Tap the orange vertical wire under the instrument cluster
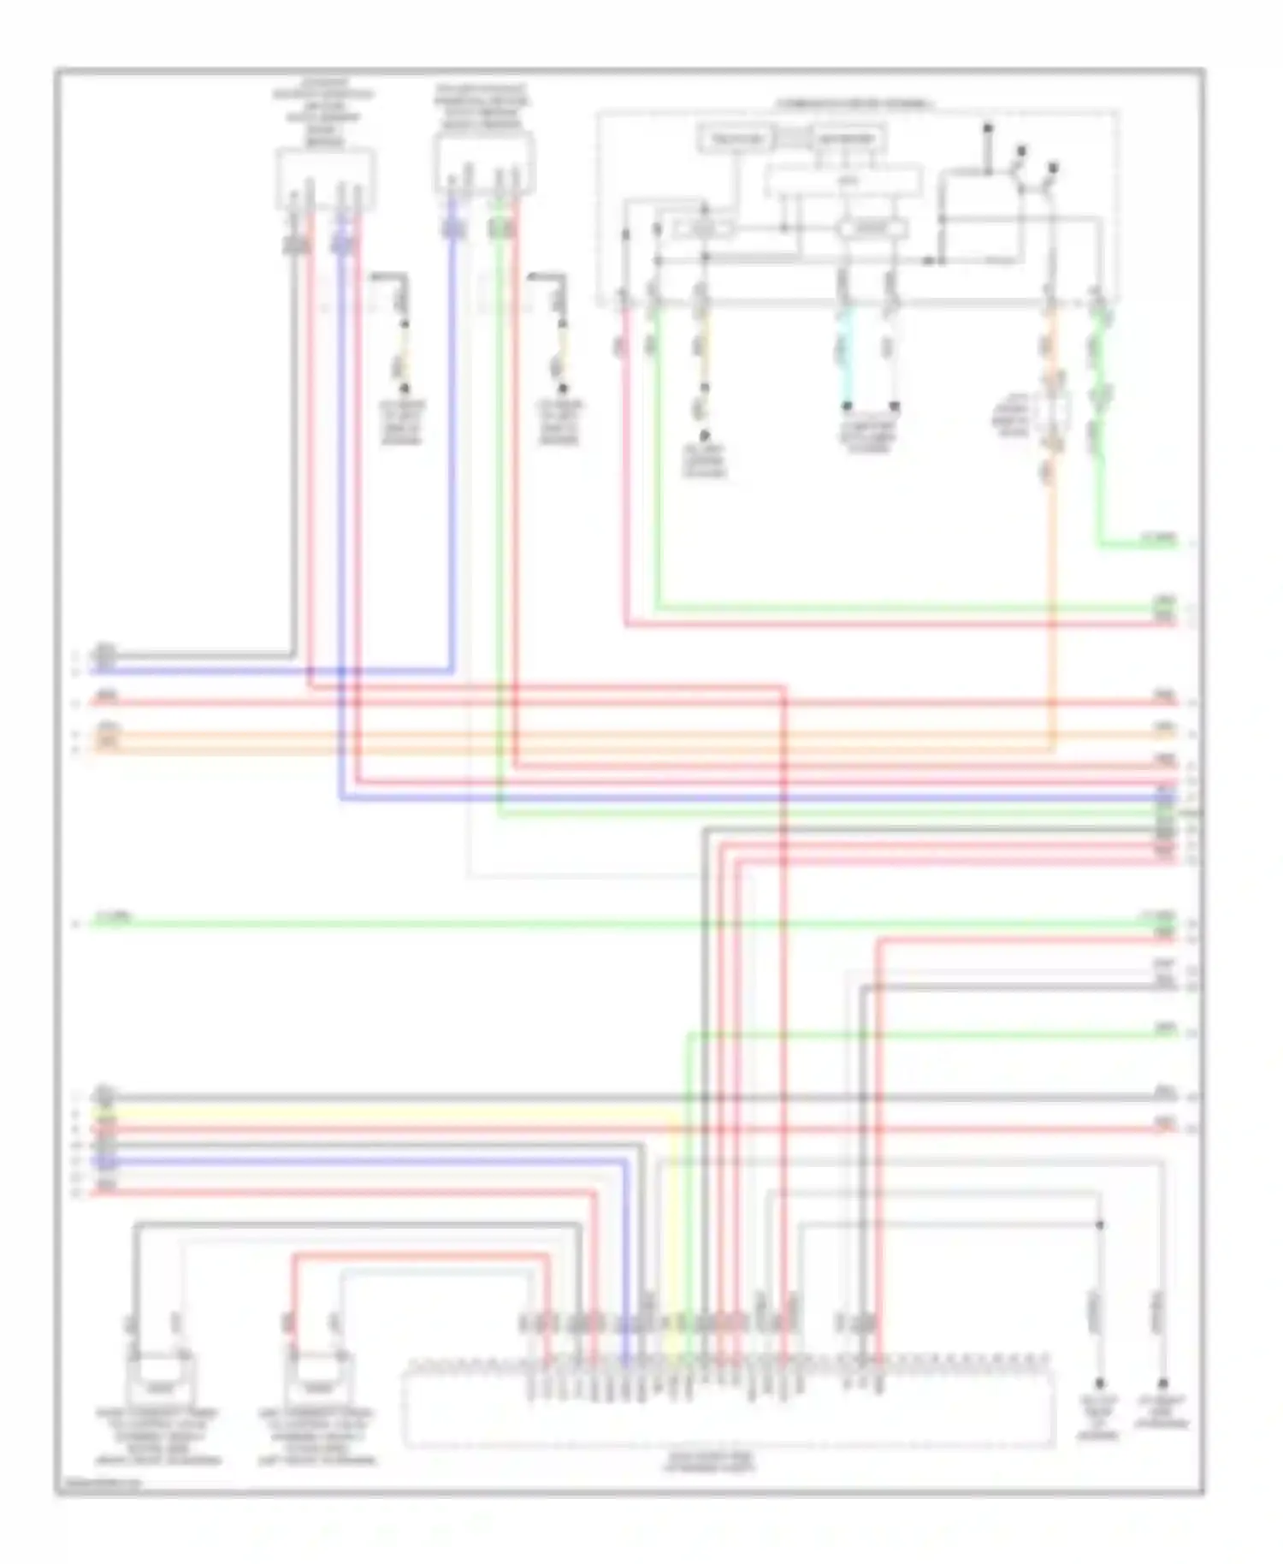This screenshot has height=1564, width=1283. coord(1052,599)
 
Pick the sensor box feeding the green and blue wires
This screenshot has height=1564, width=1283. coord(483,163)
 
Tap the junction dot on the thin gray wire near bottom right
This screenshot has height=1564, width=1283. coord(1100,1225)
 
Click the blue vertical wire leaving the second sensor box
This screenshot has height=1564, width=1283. coord(452,428)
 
